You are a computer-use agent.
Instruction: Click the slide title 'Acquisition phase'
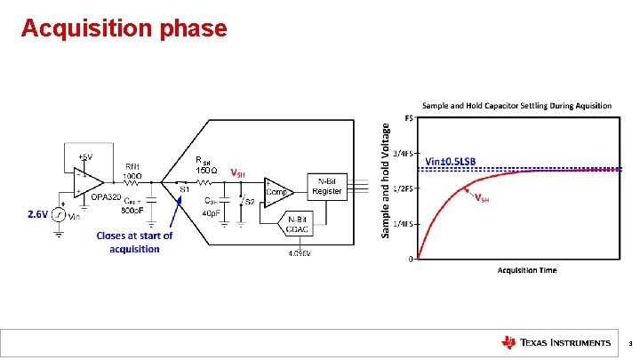124,28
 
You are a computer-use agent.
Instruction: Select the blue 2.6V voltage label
37,214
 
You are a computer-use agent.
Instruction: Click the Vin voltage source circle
58,215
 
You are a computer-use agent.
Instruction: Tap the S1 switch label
185,188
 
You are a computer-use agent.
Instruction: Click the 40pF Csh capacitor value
211,212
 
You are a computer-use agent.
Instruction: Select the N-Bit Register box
326,186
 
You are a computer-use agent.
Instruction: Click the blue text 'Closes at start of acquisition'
134,242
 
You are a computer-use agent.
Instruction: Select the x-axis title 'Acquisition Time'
526,270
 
